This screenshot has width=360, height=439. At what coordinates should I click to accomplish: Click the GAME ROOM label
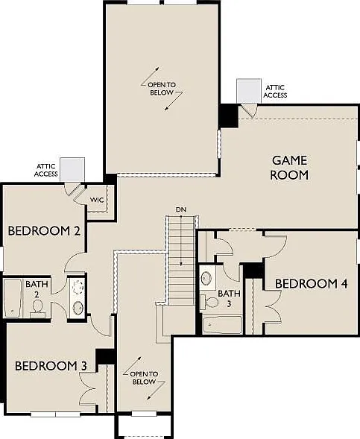289,168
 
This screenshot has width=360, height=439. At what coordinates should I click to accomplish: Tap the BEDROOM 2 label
44,231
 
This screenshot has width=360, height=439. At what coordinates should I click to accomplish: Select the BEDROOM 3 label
51,366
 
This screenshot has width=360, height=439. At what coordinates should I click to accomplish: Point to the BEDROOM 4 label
312,284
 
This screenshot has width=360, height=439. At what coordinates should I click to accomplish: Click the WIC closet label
97,200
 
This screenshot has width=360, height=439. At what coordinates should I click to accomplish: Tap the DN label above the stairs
181,209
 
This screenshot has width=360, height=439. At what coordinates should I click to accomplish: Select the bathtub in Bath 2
13,298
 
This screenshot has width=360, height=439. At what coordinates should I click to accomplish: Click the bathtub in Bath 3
222,325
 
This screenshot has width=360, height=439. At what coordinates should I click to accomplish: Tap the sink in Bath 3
207,277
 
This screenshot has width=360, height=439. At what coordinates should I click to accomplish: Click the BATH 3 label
229,298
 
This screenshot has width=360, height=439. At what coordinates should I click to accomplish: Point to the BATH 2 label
37,289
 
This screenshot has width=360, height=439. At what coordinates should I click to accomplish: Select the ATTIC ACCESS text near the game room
275,91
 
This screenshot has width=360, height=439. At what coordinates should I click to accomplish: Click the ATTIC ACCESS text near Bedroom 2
46,170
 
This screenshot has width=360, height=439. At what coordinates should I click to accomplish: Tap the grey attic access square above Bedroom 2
72,169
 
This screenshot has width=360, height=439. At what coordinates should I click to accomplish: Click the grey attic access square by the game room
249,91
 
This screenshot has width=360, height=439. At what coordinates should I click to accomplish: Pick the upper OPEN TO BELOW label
162,89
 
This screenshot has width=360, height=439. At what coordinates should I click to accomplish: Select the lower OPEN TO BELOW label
144,378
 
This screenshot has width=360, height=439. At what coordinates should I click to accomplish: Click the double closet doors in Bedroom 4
273,307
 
